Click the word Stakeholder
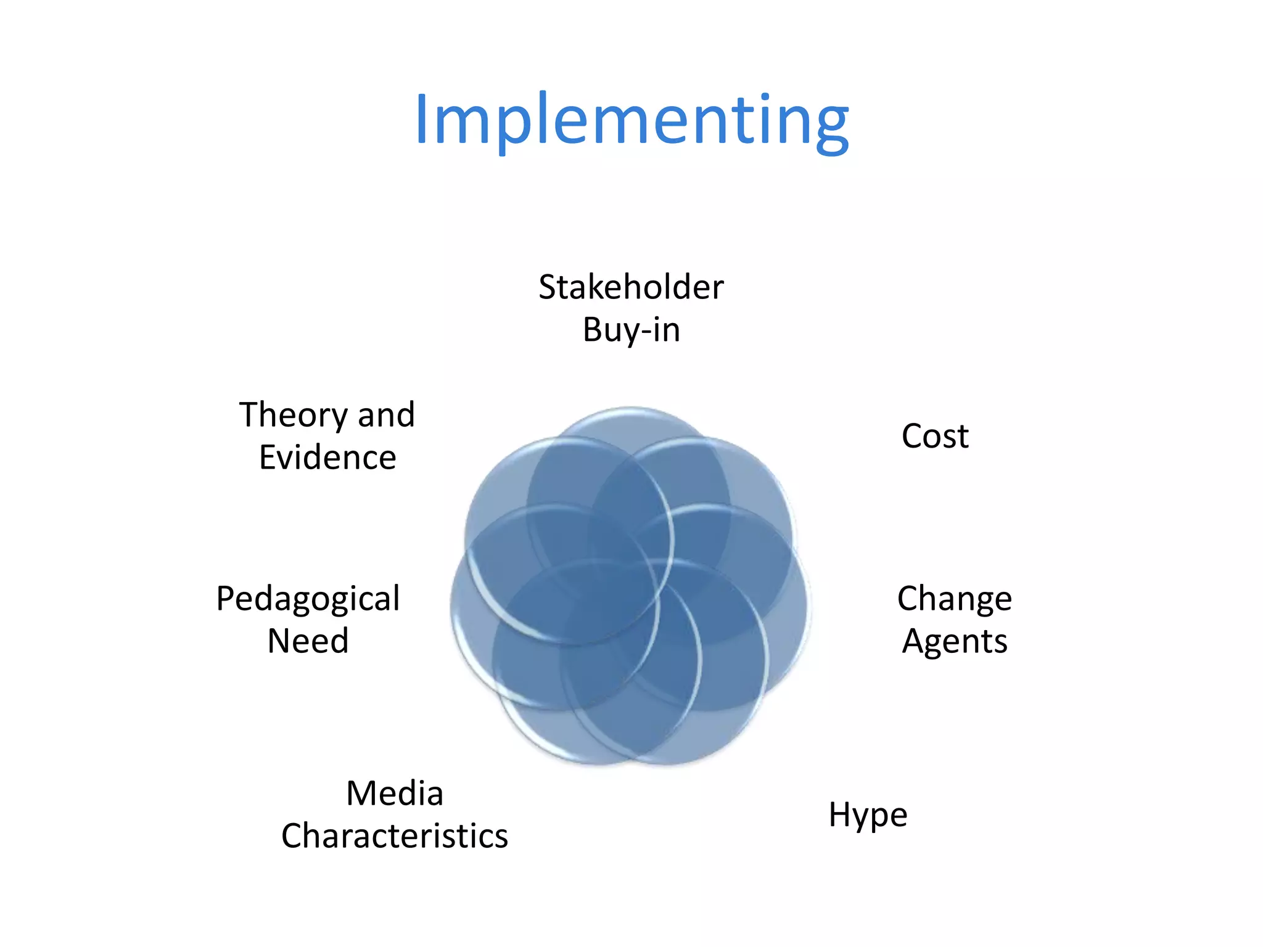click(x=631, y=287)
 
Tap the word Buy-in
click(x=631, y=330)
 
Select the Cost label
click(x=935, y=437)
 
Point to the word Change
click(x=954, y=599)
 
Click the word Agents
click(x=955, y=642)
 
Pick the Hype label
click(x=868, y=815)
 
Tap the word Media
click(x=395, y=793)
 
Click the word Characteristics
click(x=395, y=837)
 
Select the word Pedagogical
click(x=308, y=599)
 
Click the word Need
click(x=308, y=641)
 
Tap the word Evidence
click(x=327, y=458)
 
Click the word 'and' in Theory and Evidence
click(x=386, y=415)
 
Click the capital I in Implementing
click(x=421, y=120)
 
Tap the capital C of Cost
click(x=913, y=437)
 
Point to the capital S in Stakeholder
click(x=549, y=287)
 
